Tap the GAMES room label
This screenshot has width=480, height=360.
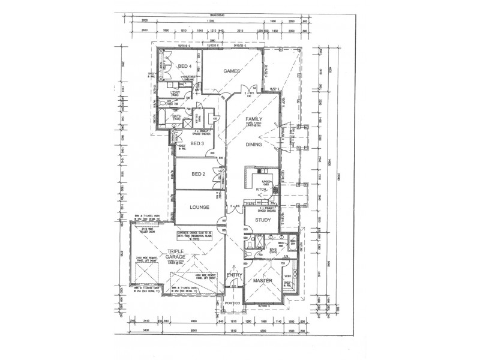[x=232, y=71]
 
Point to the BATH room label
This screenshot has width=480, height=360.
[x=177, y=116]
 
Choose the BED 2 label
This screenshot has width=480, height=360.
[x=199, y=174]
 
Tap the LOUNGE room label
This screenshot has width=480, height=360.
[x=199, y=208]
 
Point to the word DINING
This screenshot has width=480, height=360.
[x=254, y=145]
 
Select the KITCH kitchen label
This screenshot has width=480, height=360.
[x=262, y=189]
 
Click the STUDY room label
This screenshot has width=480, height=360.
[x=263, y=220]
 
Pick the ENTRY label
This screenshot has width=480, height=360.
[x=233, y=275]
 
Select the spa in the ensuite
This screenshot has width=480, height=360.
[x=293, y=242]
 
